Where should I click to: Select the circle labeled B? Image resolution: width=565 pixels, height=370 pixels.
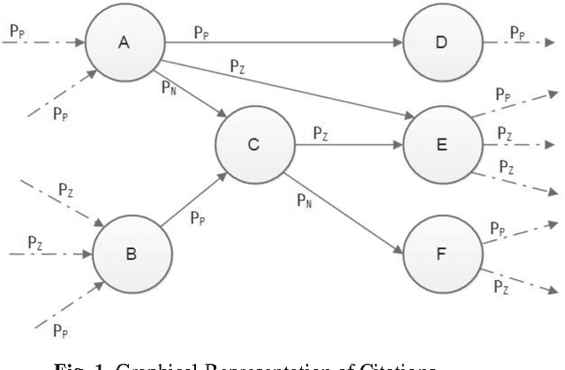[131, 253]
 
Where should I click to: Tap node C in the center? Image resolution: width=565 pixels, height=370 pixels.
[252, 146]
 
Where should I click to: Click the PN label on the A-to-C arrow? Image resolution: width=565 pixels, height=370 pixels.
[167, 87]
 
